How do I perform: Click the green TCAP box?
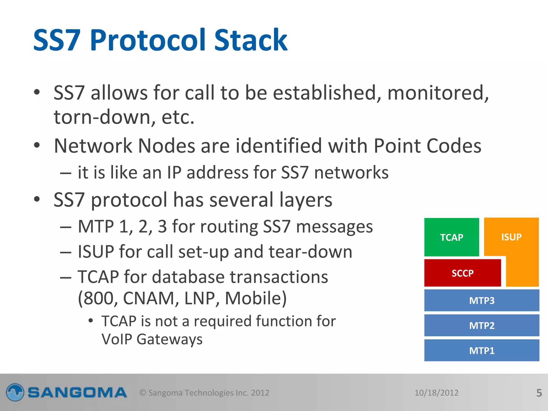click(x=451, y=237)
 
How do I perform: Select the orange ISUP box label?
click(x=511, y=237)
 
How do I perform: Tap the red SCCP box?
click(x=462, y=273)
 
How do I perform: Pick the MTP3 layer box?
click(x=482, y=300)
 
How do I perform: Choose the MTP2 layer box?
click(x=482, y=325)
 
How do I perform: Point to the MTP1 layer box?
click(x=482, y=351)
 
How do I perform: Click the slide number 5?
click(x=539, y=393)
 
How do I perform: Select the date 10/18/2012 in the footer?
click(x=436, y=393)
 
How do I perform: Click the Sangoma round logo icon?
click(x=15, y=393)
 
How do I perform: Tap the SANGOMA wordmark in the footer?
click(x=77, y=393)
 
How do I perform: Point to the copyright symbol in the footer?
click(x=143, y=393)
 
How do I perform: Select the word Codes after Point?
click(x=454, y=146)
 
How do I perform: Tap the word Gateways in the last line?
click(x=169, y=339)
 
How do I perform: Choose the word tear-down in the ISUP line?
click(x=310, y=252)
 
